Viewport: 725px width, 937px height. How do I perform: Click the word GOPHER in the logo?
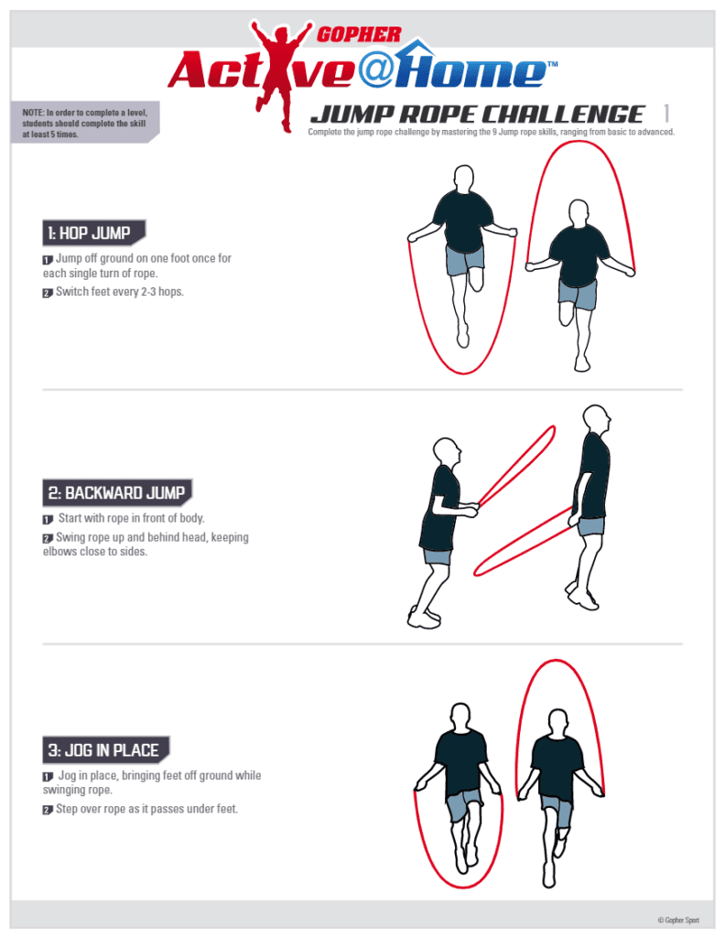359,35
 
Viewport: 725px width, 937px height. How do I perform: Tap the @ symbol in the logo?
374,71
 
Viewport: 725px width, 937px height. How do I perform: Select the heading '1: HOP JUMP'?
94,232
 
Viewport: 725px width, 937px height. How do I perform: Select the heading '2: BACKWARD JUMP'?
117,492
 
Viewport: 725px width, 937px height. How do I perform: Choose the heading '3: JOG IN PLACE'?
106,750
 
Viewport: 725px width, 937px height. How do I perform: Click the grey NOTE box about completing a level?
85,123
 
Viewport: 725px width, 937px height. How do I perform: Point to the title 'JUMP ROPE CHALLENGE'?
477,114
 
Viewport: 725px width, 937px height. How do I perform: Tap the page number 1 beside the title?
665,113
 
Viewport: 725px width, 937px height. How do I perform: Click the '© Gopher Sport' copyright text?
677,920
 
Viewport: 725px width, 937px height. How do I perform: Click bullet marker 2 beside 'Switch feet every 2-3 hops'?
48,293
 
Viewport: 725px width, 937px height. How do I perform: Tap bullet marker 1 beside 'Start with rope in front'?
48,520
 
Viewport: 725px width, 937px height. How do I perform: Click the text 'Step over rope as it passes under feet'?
146,809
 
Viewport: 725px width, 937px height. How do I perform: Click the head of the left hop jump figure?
464,178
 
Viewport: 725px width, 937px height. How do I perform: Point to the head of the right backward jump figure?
597,419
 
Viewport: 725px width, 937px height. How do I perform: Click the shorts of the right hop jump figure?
578,294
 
